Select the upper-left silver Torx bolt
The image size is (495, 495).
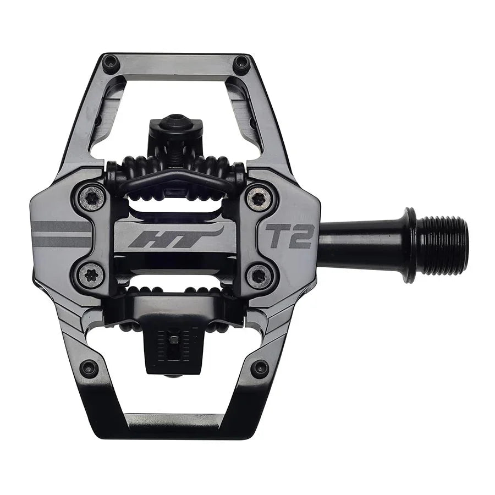[91, 197]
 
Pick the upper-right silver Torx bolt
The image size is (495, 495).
[258, 199]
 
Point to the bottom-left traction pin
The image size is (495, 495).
[89, 368]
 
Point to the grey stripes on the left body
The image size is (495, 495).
[61, 233]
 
